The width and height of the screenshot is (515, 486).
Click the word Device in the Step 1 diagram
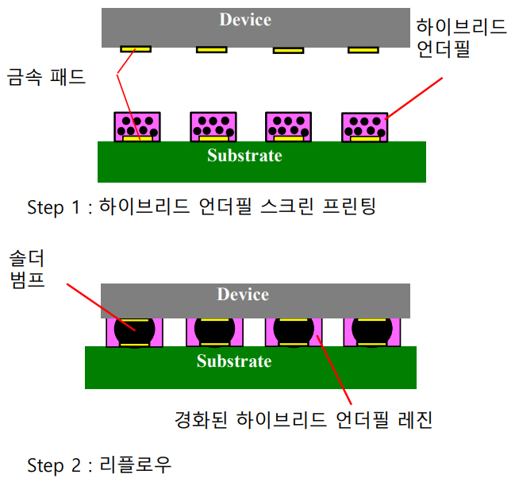(244, 20)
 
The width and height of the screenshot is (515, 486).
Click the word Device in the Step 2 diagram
(243, 295)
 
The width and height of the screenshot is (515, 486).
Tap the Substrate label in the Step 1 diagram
(244, 156)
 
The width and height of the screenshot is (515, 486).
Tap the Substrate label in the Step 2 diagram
(234, 362)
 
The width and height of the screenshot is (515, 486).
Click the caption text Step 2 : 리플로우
(98, 464)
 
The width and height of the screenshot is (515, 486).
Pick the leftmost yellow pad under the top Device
(136, 49)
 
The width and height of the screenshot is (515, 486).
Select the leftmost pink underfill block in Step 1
(138, 126)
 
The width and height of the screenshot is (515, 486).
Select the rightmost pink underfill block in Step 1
(365, 126)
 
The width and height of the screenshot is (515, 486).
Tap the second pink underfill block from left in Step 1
(213, 126)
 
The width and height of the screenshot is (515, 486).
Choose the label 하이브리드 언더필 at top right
(462, 39)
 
